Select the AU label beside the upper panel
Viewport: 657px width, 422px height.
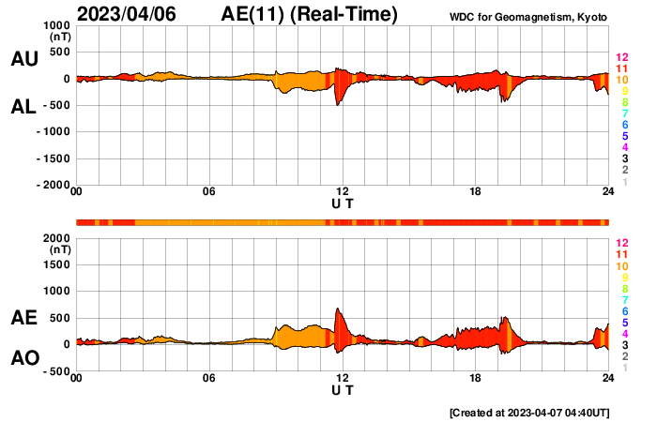click(23, 59)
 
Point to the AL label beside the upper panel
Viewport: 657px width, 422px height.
click(23, 107)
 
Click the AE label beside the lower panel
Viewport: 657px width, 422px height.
click(23, 319)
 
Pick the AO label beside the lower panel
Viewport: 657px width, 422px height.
click(23, 358)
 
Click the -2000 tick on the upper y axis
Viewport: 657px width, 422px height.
click(53, 185)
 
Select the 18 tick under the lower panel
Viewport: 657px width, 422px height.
click(476, 378)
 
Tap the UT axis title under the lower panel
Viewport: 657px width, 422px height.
click(343, 389)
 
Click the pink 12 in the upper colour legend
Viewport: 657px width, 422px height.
click(620, 58)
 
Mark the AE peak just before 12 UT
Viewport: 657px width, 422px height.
click(337, 309)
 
